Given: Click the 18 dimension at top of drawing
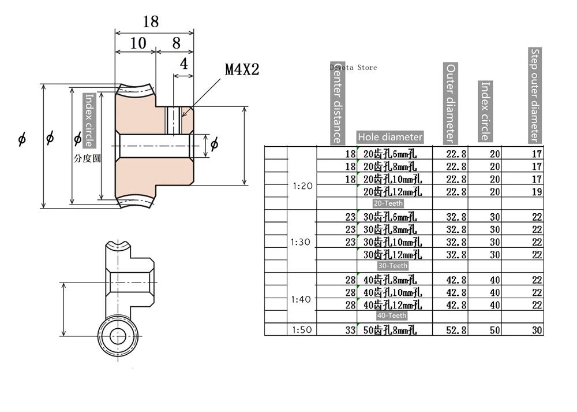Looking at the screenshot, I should [x=151, y=22].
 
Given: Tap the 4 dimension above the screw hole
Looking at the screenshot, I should [x=183, y=64].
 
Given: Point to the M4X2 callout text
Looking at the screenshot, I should [x=242, y=70].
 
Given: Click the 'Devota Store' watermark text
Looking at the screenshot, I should [x=354, y=68].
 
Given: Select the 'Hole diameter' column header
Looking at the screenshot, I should [x=390, y=137].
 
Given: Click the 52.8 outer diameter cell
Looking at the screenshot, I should [x=456, y=330].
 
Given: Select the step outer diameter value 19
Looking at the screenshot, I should [x=537, y=192].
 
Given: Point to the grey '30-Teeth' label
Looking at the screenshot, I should [x=392, y=266].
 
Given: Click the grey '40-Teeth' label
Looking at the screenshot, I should [x=392, y=316].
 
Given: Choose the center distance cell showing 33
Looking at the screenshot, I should [x=350, y=330].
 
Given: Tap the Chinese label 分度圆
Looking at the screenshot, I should [x=87, y=158].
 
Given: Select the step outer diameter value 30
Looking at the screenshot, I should [x=537, y=330].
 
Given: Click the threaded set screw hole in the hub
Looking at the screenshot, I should [x=173, y=120].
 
